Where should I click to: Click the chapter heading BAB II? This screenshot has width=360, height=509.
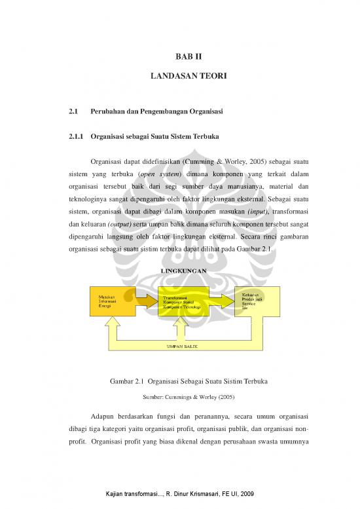[179, 58]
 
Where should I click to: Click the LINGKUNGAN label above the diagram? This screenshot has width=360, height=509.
[180, 270]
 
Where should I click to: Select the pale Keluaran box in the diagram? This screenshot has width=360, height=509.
[258, 301]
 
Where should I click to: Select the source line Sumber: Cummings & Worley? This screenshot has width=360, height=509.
[179, 396]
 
